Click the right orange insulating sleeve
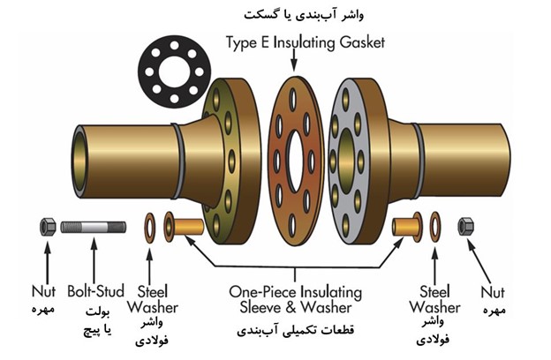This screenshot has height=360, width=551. coord(406,226)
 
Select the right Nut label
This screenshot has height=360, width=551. coord(494,291)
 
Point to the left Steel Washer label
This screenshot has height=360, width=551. coord(157,299)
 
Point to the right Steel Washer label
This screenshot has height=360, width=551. coord(434,299)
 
